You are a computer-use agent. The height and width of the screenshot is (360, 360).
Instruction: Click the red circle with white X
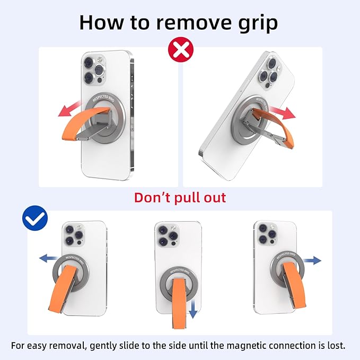pos(181,50)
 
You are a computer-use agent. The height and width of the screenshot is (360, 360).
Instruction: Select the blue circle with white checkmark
pos(35,218)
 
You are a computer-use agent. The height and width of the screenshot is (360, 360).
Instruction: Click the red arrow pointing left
pos(70,109)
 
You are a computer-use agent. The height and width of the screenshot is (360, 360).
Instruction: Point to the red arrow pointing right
pos(282,112)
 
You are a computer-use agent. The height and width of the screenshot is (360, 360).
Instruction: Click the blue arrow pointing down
pos(193,309)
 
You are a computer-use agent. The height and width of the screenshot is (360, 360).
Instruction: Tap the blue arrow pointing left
pos(48,258)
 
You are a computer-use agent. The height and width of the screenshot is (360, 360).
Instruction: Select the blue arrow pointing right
pos(312,260)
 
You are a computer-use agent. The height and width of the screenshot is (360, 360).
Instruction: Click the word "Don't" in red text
pos(153,197)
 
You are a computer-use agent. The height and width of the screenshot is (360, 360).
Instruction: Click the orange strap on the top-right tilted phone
pos(275,127)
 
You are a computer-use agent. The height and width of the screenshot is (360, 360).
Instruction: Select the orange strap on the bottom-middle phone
pos(179,303)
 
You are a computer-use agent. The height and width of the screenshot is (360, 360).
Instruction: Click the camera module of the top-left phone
pos(94,70)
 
